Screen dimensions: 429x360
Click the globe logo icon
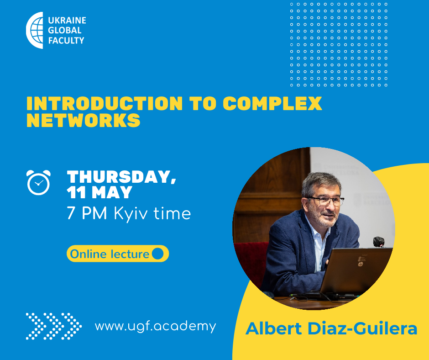[x=35, y=30]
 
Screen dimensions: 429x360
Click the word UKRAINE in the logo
[x=67, y=20]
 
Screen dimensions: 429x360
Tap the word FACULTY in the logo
[x=66, y=41]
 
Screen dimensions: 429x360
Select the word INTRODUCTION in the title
[x=105, y=103]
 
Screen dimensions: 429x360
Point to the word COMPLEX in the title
[x=272, y=103]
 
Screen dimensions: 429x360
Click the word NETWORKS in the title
[x=84, y=120]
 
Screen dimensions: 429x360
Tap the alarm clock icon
[x=39, y=182]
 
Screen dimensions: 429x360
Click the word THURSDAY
[x=121, y=177]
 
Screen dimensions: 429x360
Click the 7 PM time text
[x=87, y=213]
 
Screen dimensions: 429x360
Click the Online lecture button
[x=118, y=254]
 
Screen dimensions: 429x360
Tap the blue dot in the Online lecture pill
[x=157, y=254]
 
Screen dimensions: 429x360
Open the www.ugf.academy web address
[x=156, y=326]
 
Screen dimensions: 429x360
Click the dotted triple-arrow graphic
[x=54, y=326]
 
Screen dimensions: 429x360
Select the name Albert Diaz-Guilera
[x=331, y=328]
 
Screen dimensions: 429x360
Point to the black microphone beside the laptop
[x=379, y=242]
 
